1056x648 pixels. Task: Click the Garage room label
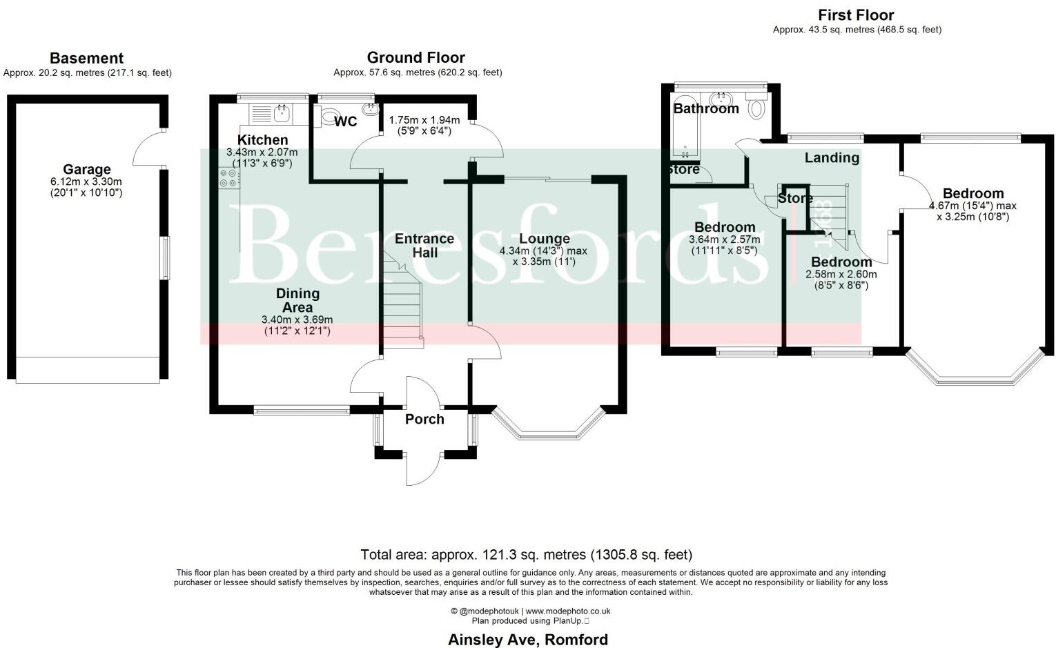87,169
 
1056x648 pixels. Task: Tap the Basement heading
87,59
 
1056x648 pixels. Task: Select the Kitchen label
262,140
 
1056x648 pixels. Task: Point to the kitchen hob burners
228,179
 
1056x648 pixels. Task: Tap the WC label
346,122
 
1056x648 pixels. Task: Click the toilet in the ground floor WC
329,116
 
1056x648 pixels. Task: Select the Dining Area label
297,300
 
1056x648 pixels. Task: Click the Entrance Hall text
424,246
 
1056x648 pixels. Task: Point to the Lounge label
545,239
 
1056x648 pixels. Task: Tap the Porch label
424,419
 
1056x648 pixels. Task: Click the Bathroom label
706,108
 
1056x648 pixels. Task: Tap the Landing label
832,157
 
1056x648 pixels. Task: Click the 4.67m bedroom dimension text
972,206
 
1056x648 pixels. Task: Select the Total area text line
526,555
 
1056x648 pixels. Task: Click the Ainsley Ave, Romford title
528,640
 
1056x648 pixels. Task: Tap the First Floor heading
856,15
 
